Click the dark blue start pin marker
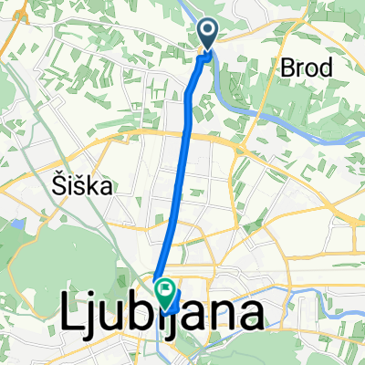[207, 35]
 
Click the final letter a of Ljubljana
[252, 318]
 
